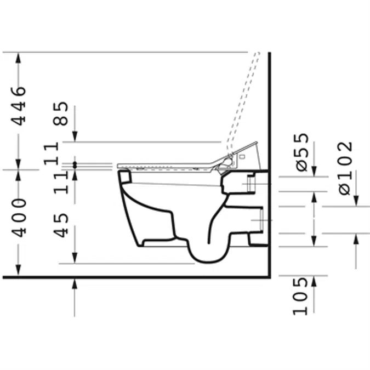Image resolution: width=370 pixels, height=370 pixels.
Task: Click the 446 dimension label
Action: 19,106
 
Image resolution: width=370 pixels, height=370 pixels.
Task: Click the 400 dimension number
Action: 19,218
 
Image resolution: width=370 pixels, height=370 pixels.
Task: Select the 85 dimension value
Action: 60,113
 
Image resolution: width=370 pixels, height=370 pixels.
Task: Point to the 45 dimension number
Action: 60,225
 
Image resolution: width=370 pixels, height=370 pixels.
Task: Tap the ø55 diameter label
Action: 302,152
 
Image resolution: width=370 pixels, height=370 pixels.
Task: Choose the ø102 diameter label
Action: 345,168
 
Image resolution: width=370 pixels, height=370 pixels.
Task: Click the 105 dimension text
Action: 300,297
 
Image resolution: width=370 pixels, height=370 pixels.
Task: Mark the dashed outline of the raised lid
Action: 243,101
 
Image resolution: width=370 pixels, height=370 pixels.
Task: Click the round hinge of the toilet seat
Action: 227,162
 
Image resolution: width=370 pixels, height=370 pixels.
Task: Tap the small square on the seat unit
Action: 242,156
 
